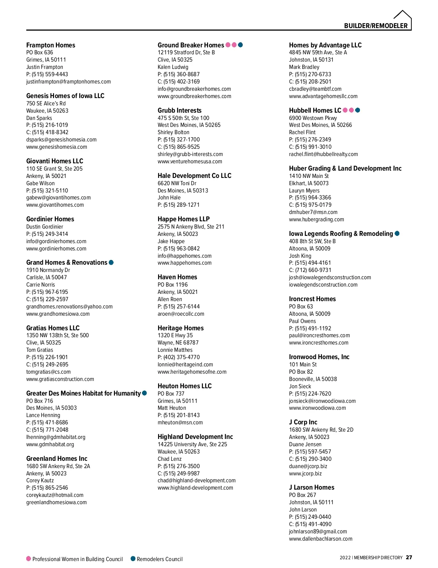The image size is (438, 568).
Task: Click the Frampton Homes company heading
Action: point(51,45)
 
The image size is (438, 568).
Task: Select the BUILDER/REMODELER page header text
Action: point(376,26)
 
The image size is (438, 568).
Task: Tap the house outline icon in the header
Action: point(403,16)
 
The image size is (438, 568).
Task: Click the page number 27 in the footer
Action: point(409,557)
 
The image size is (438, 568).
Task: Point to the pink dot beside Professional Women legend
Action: point(28,559)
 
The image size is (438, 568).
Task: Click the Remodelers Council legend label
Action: point(160,559)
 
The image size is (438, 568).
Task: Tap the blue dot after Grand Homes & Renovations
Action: point(111,262)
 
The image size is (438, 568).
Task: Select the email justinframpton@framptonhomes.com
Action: point(69,82)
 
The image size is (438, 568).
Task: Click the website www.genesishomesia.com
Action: point(57,147)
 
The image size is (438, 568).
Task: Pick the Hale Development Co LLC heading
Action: point(195,176)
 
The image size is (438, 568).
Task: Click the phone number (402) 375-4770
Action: point(181,357)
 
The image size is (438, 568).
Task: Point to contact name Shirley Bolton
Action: point(173,132)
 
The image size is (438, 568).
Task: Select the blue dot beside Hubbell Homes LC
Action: point(358,110)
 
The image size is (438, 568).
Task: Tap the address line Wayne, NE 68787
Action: point(178,343)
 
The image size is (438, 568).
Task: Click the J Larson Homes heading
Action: point(312,487)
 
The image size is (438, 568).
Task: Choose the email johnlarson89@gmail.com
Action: point(318,532)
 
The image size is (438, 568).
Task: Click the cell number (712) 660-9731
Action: point(313,270)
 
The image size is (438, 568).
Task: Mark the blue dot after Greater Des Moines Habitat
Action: point(145,393)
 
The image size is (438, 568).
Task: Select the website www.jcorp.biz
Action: point(306,474)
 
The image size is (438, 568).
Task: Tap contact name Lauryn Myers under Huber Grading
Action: point(304,191)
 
